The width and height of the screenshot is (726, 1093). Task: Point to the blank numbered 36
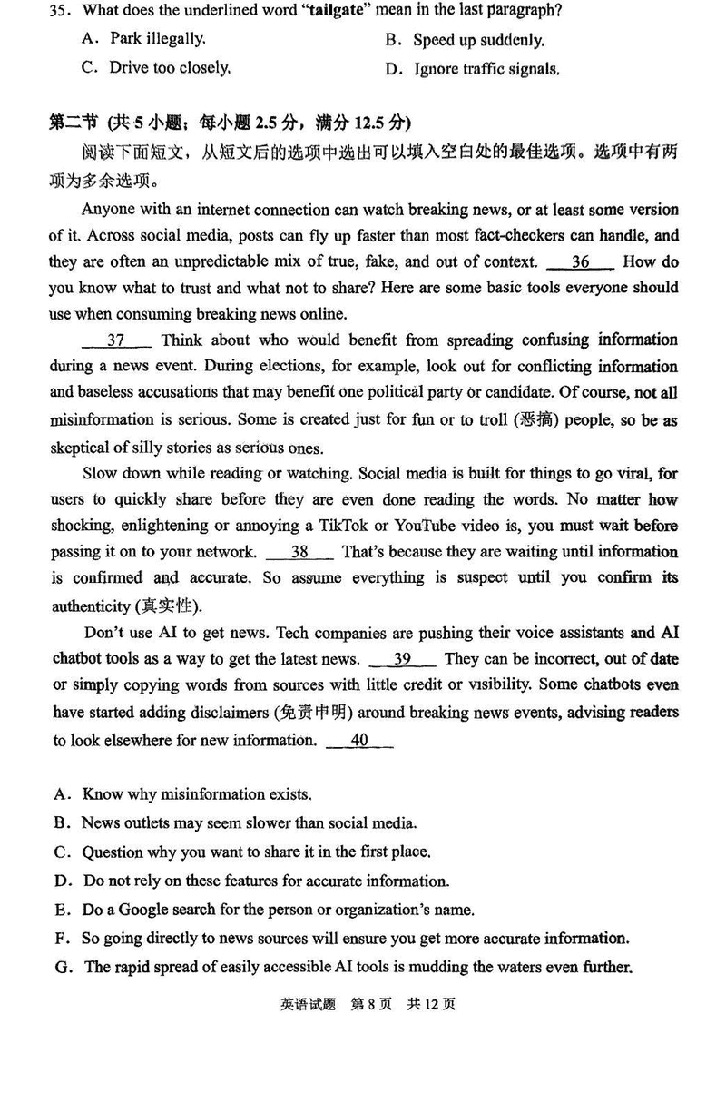pyautogui.click(x=581, y=262)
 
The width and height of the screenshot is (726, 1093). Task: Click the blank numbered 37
pyautogui.click(x=116, y=340)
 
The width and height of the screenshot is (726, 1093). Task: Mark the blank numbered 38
pyautogui.click(x=300, y=552)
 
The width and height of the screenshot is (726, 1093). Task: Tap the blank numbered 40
pyautogui.click(x=359, y=740)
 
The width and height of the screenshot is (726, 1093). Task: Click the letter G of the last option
pyautogui.click(x=62, y=968)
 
